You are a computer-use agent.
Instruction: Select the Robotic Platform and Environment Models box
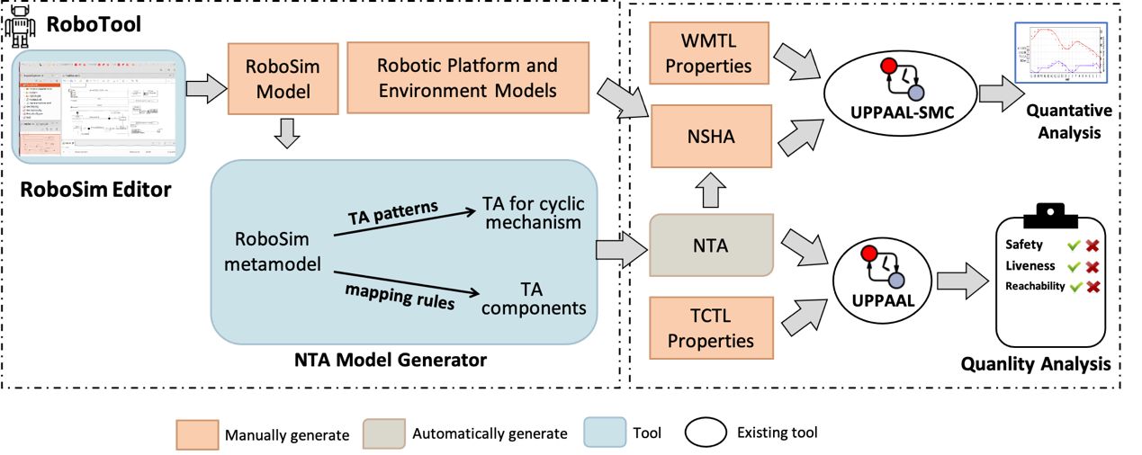point(466,78)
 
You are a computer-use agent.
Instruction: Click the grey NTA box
point(712,243)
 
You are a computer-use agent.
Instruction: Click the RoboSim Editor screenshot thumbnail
point(98,106)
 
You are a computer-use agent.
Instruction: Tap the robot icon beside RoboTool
point(20,27)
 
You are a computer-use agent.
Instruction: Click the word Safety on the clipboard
point(1024,245)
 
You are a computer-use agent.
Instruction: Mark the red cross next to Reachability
point(1093,286)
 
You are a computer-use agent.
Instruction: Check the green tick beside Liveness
point(1073,265)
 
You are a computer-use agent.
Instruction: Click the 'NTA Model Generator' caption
point(391,361)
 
